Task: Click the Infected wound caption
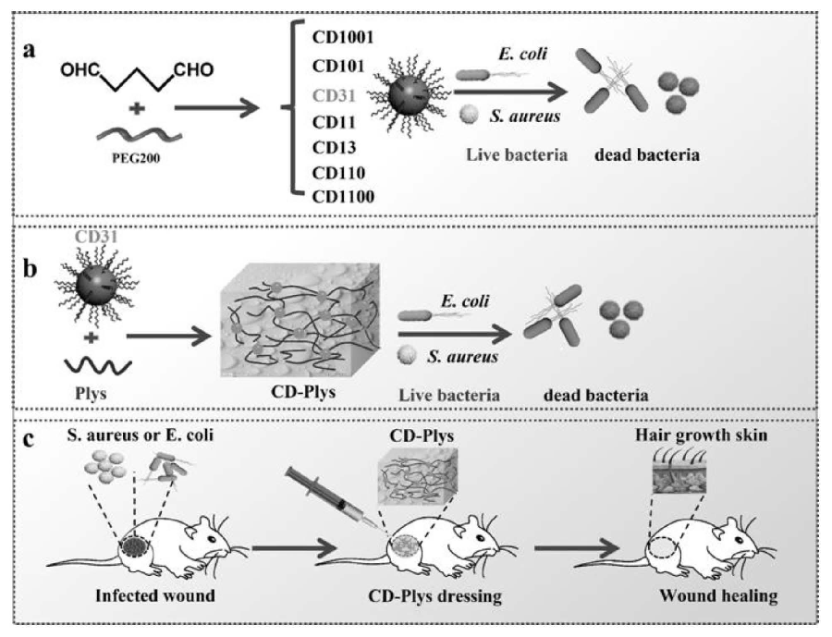point(154,596)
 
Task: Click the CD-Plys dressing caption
point(434,596)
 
